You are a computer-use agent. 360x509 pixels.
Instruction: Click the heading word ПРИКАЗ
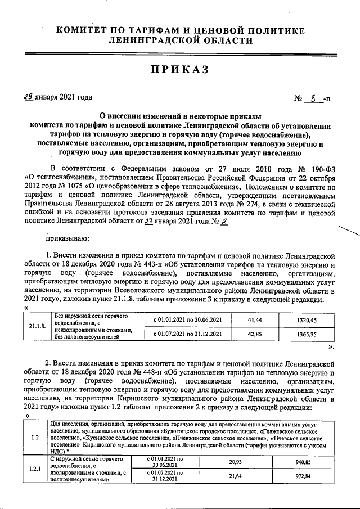click(180, 69)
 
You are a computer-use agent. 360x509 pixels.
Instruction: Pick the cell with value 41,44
click(255, 319)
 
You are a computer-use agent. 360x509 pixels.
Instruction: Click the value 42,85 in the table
click(255, 333)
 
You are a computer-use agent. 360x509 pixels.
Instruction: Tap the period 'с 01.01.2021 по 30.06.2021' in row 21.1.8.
click(183, 319)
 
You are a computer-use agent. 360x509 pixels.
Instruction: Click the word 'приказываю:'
click(70, 238)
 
